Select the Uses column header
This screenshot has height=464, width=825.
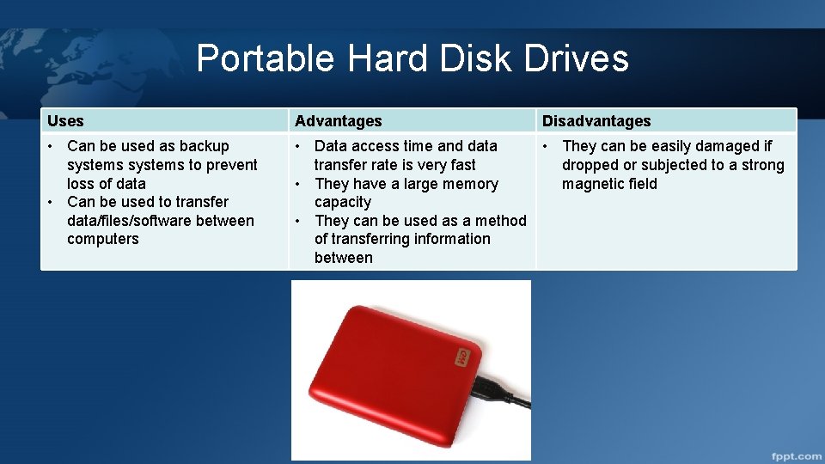tap(65, 121)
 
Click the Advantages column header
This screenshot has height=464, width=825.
tap(338, 121)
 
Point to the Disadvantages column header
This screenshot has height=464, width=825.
tap(596, 121)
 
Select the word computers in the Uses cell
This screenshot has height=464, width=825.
tap(102, 239)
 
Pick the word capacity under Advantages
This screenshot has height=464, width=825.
tap(342, 202)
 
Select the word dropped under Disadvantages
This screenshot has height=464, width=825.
tap(591, 165)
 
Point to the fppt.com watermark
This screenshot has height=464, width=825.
tap(795, 455)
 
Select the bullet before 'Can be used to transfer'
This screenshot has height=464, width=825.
tap(51, 202)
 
